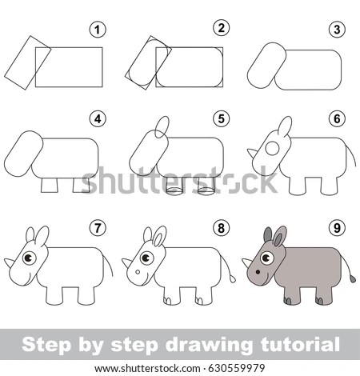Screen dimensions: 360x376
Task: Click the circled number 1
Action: tap(98, 30)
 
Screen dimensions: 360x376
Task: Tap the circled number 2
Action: tap(222, 28)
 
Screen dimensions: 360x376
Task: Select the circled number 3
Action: tap(337, 30)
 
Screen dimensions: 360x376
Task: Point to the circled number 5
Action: tap(222, 118)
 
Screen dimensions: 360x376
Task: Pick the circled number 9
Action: tap(337, 228)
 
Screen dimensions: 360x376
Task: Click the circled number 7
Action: tap(98, 228)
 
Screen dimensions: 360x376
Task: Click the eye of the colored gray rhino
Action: tap(267, 258)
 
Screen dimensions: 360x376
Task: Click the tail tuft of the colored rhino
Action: tap(353, 279)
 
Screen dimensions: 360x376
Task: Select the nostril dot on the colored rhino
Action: tap(258, 272)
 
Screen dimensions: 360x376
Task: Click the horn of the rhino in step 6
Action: tap(252, 153)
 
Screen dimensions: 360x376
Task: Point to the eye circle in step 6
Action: tap(272, 149)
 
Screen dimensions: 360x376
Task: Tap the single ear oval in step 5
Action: tap(162, 127)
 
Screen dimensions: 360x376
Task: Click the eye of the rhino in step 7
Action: tap(29, 258)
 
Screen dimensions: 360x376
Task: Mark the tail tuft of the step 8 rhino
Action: tap(233, 278)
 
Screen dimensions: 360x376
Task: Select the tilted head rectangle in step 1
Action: tap(28, 62)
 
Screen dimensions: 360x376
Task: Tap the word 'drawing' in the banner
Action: tap(209, 345)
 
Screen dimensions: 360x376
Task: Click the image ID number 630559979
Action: tap(236, 368)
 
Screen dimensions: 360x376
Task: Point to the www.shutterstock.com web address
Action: tap(147, 369)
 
